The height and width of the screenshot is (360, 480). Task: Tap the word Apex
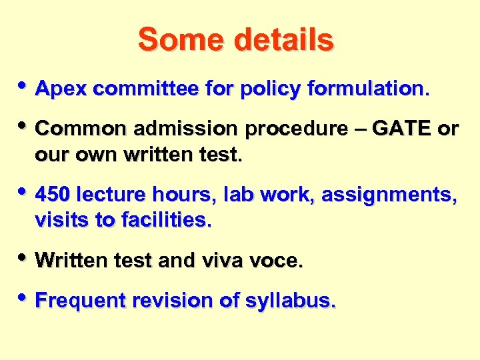[x=59, y=88]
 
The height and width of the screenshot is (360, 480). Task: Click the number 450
[x=53, y=195]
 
